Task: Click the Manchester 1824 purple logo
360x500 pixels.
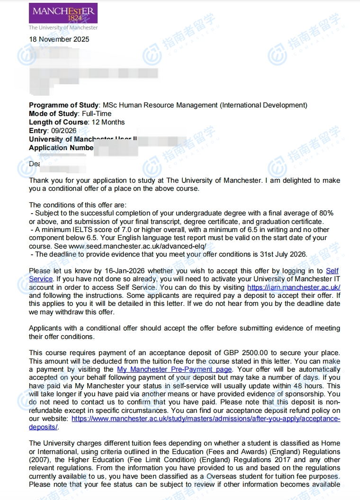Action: (63, 13)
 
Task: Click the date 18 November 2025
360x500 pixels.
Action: (59, 39)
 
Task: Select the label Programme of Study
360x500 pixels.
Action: (64, 105)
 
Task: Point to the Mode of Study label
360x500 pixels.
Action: (53, 114)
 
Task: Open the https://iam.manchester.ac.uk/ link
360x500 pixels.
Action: (294, 287)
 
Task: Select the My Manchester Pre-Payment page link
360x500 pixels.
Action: (174, 369)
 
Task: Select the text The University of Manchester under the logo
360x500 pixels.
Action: (63, 27)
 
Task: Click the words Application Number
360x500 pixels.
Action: (61, 148)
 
